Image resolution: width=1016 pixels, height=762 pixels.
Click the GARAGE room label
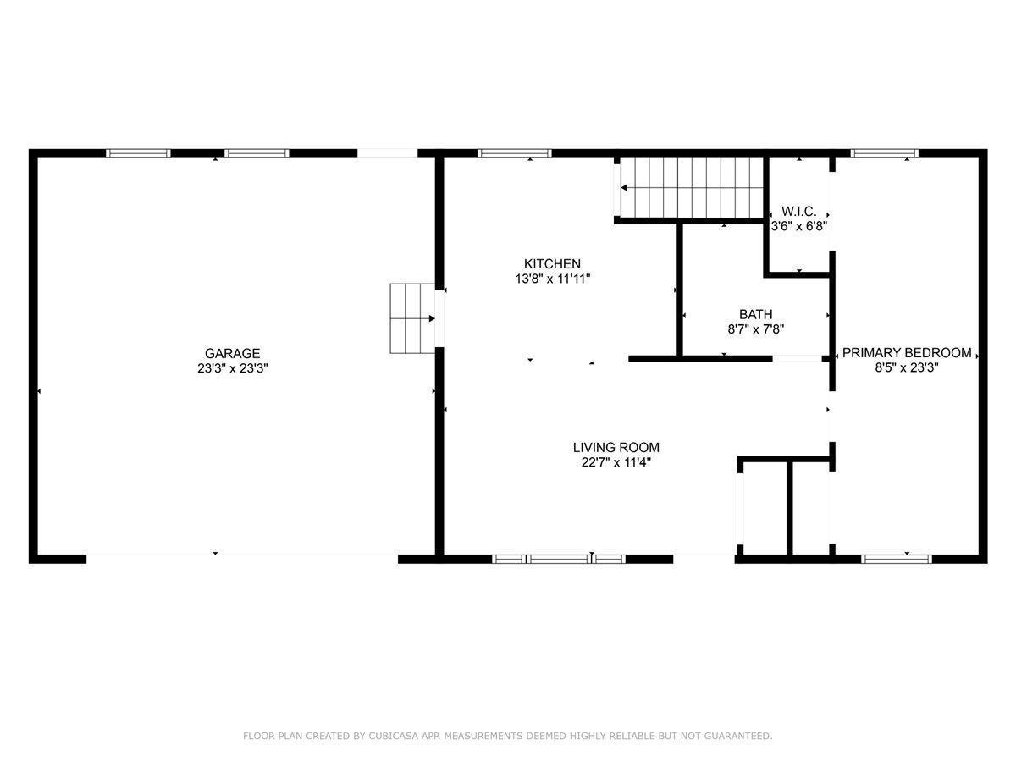[232, 354]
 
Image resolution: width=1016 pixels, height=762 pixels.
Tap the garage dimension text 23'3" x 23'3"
[232, 368]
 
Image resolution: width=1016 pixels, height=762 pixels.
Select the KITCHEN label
[552, 264]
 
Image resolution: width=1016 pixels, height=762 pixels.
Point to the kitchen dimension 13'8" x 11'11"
[552, 279]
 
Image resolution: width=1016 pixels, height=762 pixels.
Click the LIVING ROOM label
[616, 448]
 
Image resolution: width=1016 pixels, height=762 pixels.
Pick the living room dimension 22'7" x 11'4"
[616, 462]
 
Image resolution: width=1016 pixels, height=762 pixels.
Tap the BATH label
[755, 315]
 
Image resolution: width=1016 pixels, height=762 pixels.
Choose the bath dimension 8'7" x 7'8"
[755, 329]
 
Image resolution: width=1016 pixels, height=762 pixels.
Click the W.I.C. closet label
[798, 212]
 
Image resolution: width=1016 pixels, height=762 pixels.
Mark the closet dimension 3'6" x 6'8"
[798, 226]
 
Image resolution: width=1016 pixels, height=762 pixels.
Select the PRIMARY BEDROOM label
[906, 353]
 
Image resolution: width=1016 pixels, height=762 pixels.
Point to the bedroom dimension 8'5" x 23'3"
[906, 367]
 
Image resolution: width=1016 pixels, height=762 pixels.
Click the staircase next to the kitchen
[691, 187]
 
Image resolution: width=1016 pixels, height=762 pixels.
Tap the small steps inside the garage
[411, 319]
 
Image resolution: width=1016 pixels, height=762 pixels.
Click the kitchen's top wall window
[515, 153]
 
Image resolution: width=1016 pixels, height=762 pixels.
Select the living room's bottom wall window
[559, 559]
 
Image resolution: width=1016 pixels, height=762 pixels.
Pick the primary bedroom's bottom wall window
[897, 559]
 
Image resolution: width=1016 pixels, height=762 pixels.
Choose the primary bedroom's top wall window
[885, 153]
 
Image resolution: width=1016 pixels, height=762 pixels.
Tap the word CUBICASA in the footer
[395, 737]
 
